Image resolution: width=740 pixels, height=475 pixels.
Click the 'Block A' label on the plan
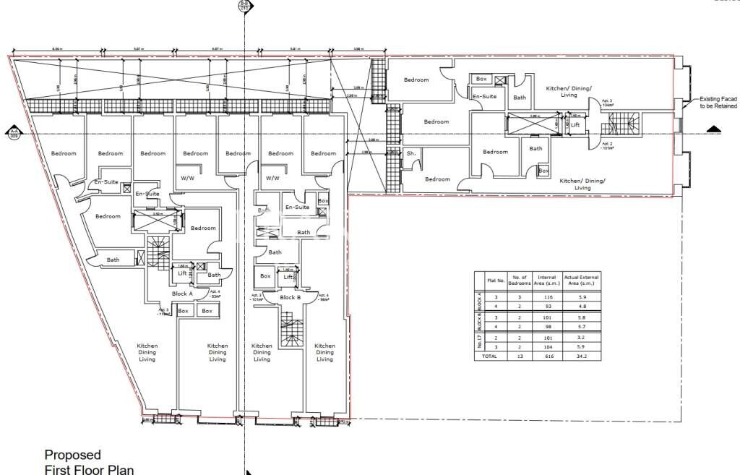(x=181, y=294)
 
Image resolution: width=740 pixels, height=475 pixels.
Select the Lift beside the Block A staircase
(x=181, y=275)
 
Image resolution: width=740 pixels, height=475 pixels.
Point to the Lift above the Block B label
(x=288, y=277)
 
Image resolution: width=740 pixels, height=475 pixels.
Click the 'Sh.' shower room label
(x=410, y=154)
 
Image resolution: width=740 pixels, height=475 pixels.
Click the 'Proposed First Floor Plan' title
(x=89, y=462)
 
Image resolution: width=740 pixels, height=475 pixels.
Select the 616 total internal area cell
(x=547, y=356)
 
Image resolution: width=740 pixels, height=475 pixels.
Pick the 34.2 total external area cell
(x=582, y=356)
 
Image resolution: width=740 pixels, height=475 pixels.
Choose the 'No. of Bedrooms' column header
(x=520, y=280)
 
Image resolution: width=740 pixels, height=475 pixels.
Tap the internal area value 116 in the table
(x=547, y=297)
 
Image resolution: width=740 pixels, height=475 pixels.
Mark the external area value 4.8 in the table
(x=582, y=307)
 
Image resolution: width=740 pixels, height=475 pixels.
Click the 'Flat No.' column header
(x=495, y=280)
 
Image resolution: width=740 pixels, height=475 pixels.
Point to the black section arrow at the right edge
(x=714, y=129)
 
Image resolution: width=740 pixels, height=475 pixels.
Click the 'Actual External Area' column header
(x=582, y=280)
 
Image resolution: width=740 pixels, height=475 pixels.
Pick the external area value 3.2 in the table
(x=582, y=337)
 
